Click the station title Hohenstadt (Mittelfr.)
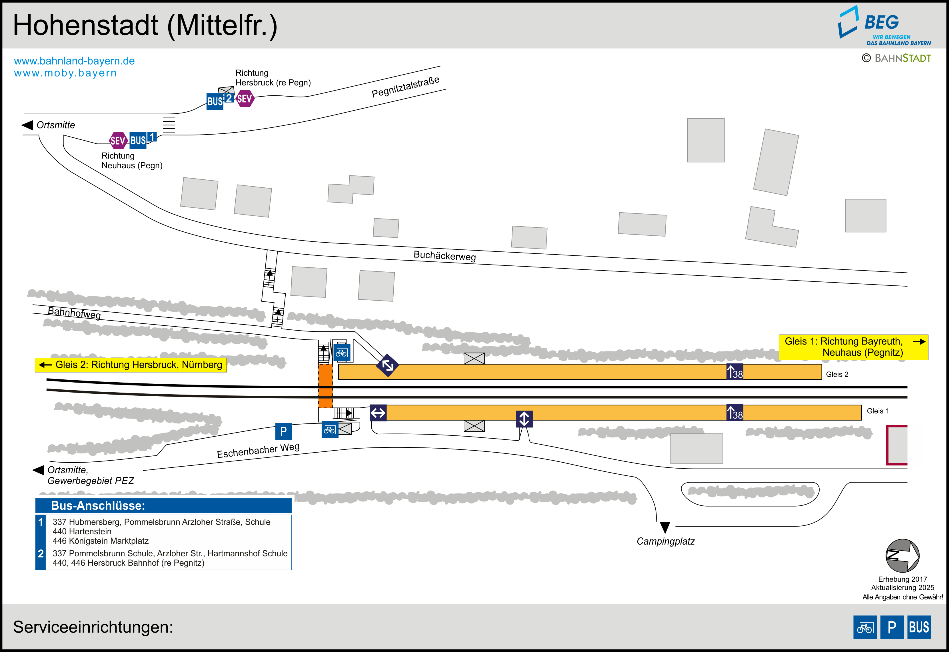[x=145, y=25]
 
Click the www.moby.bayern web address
[x=65, y=73]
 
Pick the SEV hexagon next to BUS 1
[x=118, y=141]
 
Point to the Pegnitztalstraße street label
[x=405, y=87]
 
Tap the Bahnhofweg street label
[x=74, y=313]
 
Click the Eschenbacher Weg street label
[x=258, y=451]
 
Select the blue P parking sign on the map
[x=283, y=431]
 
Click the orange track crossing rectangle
[x=325, y=386]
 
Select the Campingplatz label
[x=665, y=541]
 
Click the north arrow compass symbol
[x=902, y=556]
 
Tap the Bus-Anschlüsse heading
[x=98, y=506]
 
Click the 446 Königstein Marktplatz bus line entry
[x=101, y=541]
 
